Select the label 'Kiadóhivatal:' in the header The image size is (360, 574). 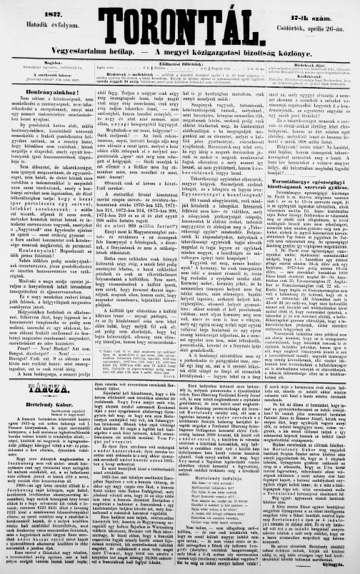[x=314, y=74]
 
